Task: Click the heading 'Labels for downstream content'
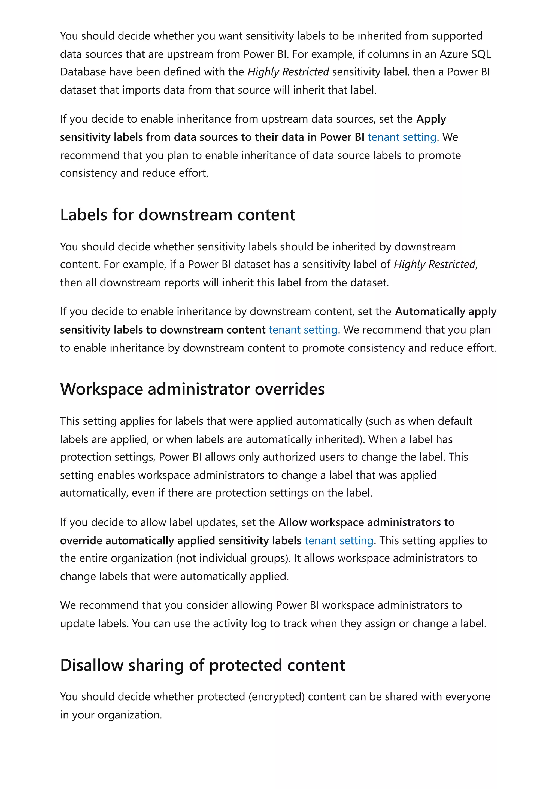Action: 177,215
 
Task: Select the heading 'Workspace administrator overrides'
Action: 192,389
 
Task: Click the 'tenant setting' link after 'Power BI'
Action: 402,137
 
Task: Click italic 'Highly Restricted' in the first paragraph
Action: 288,72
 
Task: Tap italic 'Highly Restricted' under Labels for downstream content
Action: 435,264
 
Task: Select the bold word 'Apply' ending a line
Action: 431,119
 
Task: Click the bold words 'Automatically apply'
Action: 445,311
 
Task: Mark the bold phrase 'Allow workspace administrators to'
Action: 366,522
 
